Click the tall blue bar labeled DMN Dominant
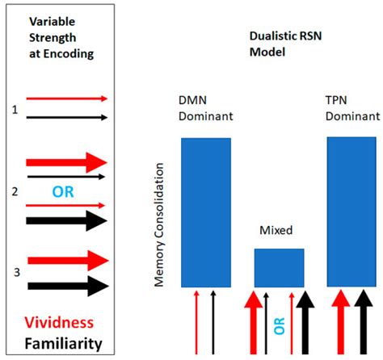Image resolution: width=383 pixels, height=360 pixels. click(206, 212)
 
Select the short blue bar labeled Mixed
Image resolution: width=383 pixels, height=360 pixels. click(280, 267)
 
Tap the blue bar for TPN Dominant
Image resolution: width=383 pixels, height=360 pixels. click(351, 211)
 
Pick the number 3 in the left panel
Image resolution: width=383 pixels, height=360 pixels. click(14, 272)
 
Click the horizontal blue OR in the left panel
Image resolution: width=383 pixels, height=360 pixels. click(61, 190)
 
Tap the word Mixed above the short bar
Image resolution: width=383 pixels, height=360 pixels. click(278, 229)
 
